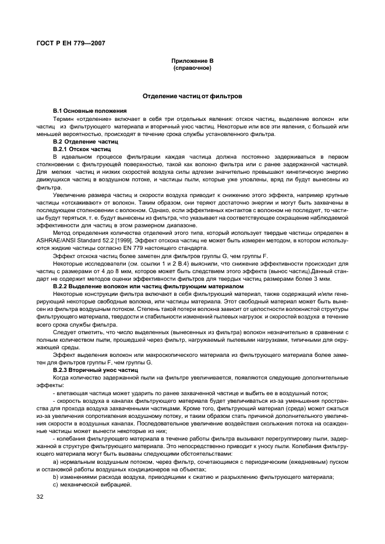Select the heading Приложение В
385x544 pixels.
point(192,61)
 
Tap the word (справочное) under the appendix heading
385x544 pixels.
point(192,68)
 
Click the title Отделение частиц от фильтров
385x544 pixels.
point(192,95)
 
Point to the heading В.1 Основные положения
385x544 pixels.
point(90,110)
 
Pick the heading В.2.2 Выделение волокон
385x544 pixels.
point(147,285)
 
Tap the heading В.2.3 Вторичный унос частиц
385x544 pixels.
point(95,370)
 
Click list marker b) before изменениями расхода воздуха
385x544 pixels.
point(55,477)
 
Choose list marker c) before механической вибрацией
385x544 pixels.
point(55,485)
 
